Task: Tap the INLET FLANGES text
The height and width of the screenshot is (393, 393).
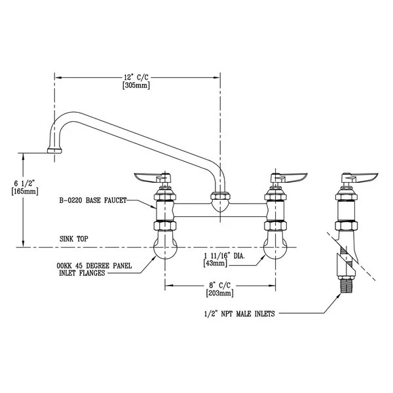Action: coord(78,274)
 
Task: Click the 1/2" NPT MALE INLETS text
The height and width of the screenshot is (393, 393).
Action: coord(240,314)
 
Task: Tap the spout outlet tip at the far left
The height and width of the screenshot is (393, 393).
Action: coord(54,151)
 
